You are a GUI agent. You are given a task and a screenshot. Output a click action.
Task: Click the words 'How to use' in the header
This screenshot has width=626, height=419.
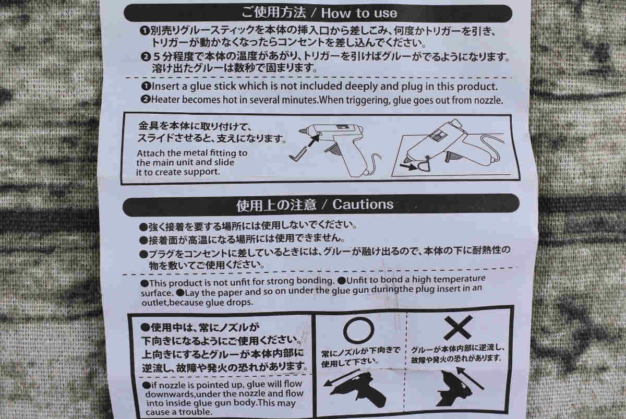click(359, 13)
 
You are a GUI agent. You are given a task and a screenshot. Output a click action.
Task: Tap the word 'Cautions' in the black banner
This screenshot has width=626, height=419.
click(363, 205)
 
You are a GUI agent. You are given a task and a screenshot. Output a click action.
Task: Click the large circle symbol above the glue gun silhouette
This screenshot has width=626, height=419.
click(358, 330)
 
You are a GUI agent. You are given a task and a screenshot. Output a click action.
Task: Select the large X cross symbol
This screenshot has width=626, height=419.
click(458, 327)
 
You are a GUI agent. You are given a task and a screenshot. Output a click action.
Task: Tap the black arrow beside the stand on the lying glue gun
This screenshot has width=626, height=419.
click(408, 166)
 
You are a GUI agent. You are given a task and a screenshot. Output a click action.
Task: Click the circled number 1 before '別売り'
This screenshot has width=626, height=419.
click(145, 30)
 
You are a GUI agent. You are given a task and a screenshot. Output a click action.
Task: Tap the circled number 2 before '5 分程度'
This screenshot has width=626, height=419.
click(146, 57)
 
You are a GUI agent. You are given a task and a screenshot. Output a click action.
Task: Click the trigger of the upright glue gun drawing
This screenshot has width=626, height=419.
click(333, 150)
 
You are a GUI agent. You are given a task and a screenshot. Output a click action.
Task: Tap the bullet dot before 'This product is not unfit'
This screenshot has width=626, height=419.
click(145, 284)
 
